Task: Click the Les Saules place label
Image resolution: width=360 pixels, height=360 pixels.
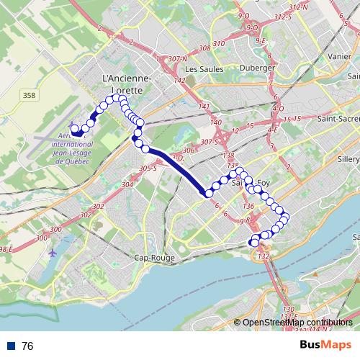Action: (201, 69)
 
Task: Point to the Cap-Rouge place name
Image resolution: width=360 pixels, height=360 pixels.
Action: (155, 257)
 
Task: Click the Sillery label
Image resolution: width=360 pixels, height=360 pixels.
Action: (345, 163)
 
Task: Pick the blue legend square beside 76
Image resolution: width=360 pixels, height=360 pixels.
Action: (12, 346)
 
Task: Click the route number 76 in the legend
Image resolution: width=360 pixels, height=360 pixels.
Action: (27, 346)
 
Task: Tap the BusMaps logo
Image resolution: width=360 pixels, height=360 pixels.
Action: (321, 346)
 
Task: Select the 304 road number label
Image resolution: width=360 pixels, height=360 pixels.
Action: (128, 185)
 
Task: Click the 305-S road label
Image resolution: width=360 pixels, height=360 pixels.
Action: (148, 168)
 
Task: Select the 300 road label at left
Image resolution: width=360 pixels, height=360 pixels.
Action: (41, 238)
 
